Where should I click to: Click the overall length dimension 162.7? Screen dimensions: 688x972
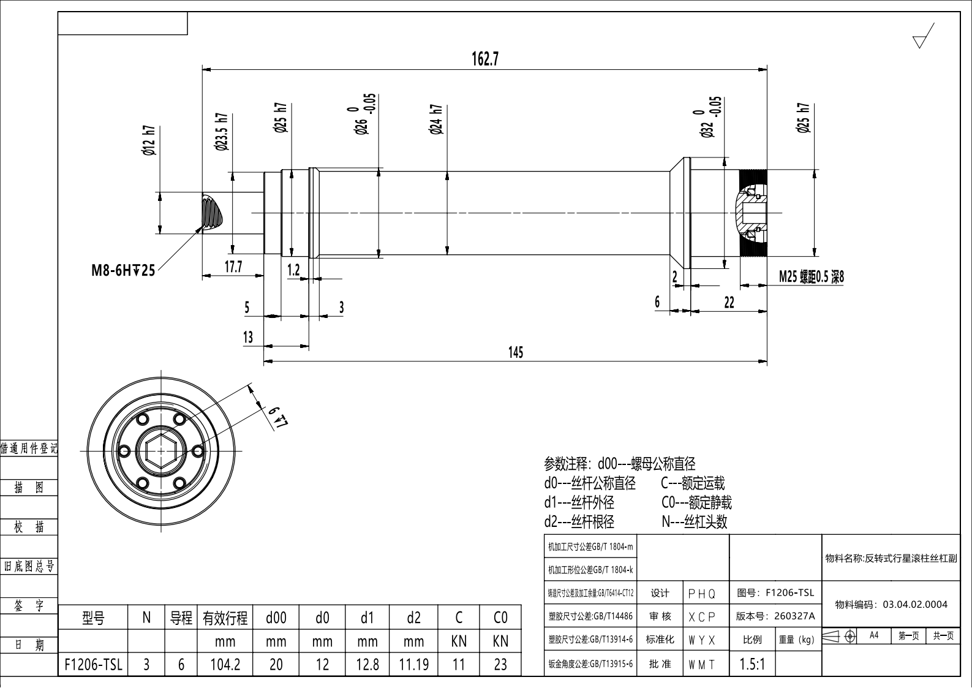485,59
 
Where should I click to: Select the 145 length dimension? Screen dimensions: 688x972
516,352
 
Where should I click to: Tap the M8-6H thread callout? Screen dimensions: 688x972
123,270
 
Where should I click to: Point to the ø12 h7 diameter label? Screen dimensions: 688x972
149,140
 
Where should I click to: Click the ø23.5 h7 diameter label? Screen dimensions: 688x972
221,132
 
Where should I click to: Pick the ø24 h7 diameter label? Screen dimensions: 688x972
436,119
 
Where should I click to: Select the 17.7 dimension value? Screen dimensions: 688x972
233,267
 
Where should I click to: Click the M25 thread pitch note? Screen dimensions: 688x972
811,277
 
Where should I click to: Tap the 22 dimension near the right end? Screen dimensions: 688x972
729,303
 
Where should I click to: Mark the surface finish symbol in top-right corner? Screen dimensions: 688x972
923,36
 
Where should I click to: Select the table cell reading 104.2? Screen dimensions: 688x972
225,665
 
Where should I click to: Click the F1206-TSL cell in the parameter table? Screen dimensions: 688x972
93,665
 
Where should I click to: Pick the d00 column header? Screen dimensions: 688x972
276,618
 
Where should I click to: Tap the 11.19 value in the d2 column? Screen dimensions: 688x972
413,665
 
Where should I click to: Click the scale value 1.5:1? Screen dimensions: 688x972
752,664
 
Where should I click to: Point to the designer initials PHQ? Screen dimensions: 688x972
701,594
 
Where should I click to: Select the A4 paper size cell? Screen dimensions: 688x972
874,635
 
